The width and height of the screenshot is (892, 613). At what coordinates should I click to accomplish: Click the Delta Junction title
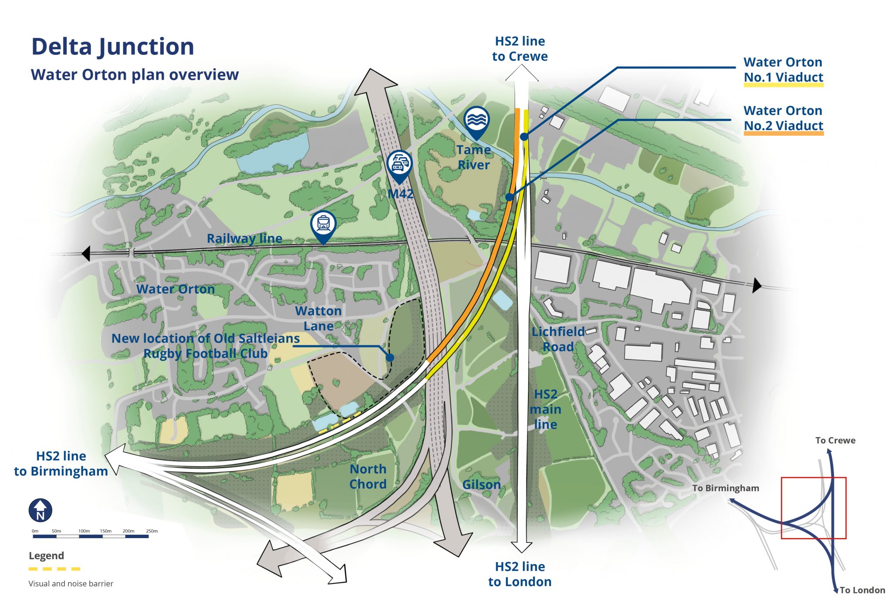(113, 47)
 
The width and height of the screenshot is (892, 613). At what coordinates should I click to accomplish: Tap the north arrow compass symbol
(41, 510)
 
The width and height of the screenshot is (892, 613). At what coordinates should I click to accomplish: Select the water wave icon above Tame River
(476, 119)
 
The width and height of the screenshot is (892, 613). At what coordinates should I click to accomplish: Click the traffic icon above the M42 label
(399, 164)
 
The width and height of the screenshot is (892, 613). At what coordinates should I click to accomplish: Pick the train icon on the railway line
(323, 224)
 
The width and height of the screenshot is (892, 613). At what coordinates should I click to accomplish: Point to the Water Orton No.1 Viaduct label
(783, 70)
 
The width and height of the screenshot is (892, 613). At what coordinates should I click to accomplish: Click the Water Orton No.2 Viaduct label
(783, 118)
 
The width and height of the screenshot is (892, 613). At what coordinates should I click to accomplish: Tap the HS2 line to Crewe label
(520, 49)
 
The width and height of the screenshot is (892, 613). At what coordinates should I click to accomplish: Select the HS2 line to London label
(520, 574)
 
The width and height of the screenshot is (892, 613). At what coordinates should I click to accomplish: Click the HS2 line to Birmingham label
(61, 464)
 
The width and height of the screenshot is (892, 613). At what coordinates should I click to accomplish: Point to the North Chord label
(368, 477)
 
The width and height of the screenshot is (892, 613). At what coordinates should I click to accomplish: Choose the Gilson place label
(481, 485)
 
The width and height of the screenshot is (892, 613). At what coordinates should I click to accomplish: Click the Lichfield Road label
(558, 339)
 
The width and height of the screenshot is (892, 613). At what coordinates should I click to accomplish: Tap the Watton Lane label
(318, 318)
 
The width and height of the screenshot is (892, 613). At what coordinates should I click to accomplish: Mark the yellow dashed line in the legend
(54, 569)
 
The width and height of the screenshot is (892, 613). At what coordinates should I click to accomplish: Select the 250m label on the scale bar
(152, 531)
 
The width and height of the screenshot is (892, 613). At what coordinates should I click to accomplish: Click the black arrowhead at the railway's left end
(86, 253)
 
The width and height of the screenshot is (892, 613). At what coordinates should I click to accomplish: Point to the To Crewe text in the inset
(835, 441)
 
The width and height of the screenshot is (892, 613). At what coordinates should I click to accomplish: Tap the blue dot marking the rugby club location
(390, 357)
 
